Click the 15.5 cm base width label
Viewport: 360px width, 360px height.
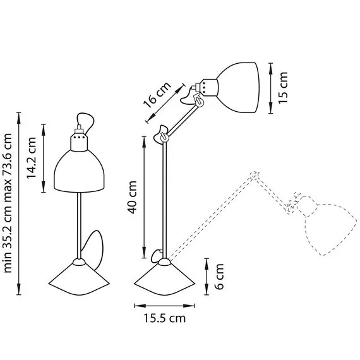tap(165, 318)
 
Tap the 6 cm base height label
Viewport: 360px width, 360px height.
tap(219, 277)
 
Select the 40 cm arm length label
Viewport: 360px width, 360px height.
tap(132, 197)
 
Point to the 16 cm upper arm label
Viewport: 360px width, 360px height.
tap(157, 94)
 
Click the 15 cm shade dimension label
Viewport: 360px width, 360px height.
tap(283, 88)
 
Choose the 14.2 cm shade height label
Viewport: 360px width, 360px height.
tap(31, 158)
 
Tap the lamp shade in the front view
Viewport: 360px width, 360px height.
tap(79, 171)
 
